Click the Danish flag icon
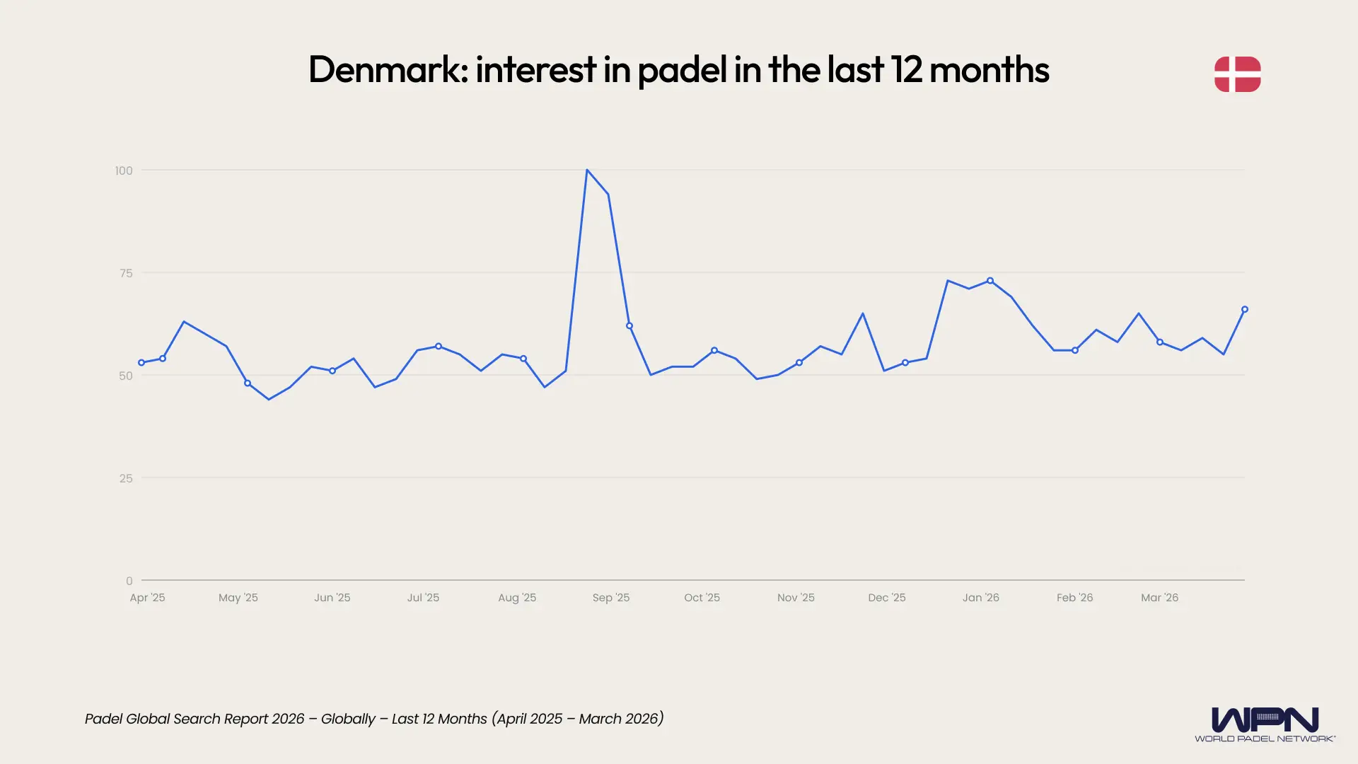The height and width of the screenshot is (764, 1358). click(1237, 74)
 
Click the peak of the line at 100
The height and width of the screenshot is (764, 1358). click(587, 170)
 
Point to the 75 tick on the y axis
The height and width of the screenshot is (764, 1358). click(126, 273)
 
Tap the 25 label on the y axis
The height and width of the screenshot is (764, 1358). click(126, 478)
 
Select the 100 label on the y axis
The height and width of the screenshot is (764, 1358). click(124, 170)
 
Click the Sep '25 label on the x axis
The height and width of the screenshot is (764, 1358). click(610, 598)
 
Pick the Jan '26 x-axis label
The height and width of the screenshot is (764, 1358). click(980, 598)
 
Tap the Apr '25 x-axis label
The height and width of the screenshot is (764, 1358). click(147, 598)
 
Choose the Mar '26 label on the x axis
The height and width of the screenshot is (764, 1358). click(1159, 598)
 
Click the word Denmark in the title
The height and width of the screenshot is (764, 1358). click(387, 70)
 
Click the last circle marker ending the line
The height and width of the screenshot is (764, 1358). click(1245, 309)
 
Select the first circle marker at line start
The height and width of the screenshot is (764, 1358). click(141, 363)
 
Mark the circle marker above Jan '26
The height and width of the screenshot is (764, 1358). click(990, 281)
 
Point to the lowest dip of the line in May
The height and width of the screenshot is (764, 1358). click(269, 399)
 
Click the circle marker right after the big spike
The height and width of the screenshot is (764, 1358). click(629, 326)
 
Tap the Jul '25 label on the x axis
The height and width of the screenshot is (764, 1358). click(423, 598)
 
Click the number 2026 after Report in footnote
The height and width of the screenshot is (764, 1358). click(288, 719)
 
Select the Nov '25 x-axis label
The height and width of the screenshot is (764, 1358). click(796, 598)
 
